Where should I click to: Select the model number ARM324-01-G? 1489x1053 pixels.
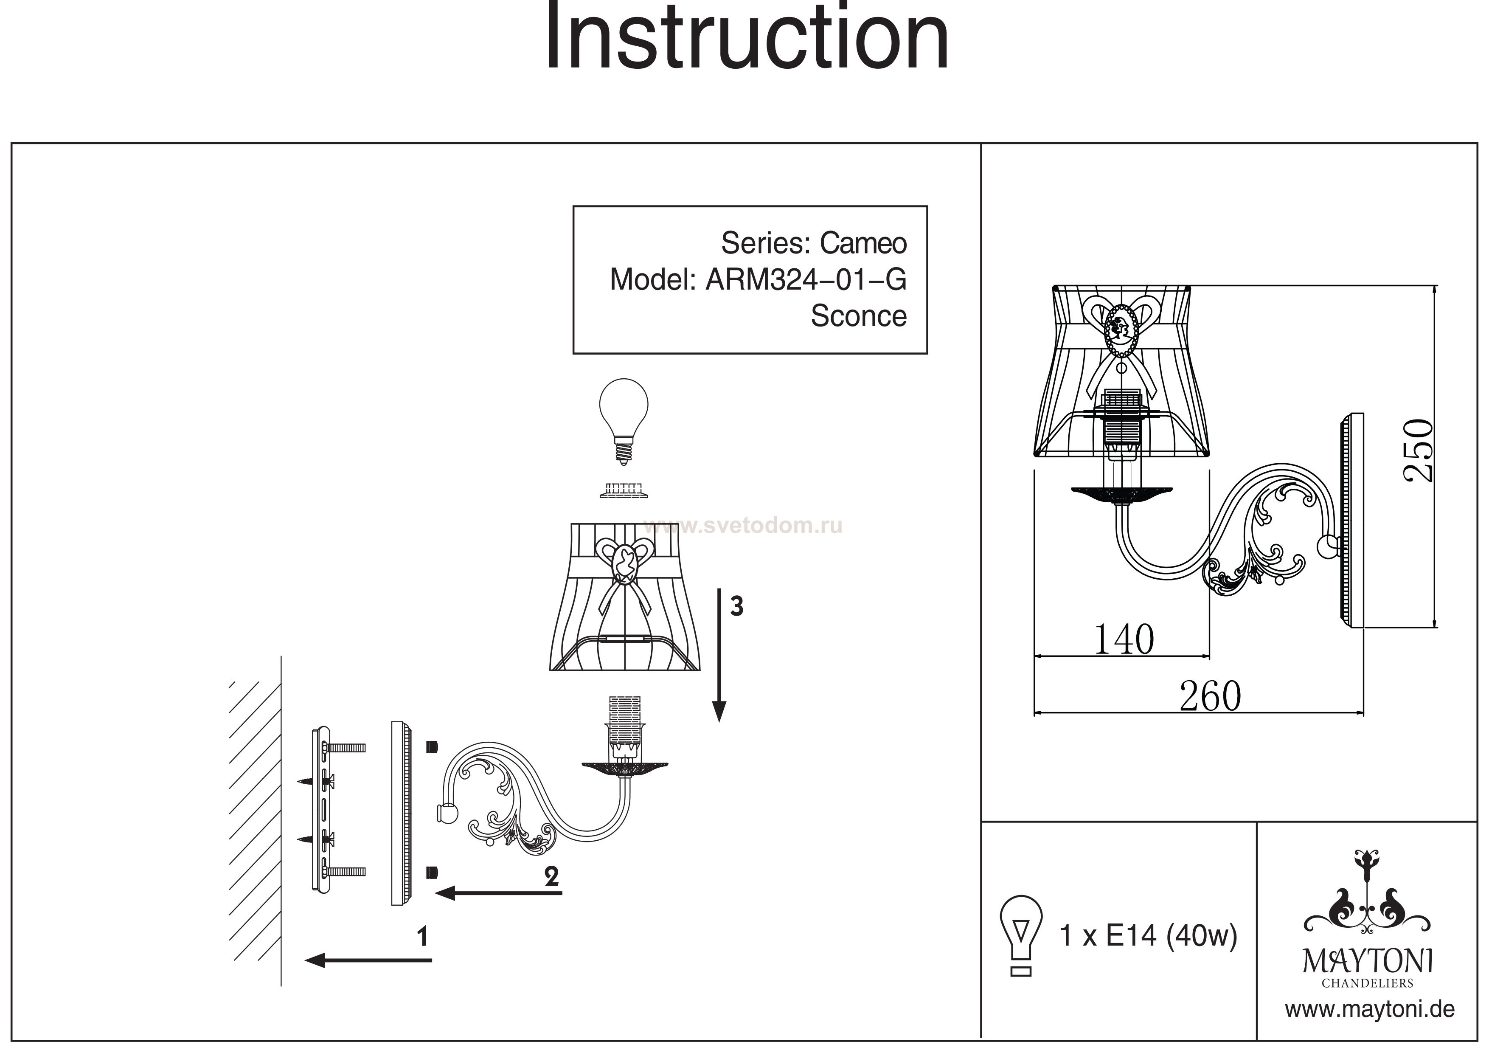[x=806, y=280]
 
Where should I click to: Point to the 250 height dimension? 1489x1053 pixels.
[x=1418, y=450]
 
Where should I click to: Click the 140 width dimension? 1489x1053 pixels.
[x=1124, y=639]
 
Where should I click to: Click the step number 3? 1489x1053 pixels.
[x=736, y=607]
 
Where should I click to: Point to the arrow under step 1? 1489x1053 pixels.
[x=368, y=960]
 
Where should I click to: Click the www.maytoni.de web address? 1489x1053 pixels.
[x=1370, y=1010]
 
